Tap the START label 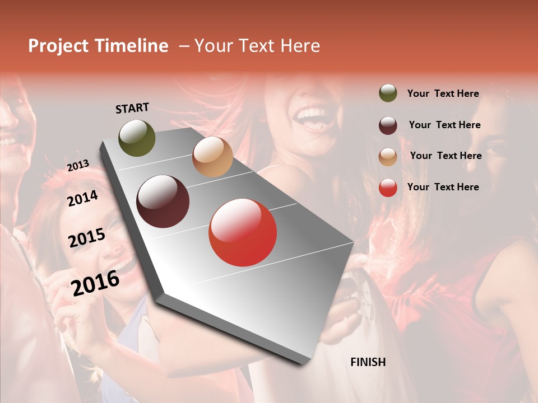click(x=132, y=108)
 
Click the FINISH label click(x=368, y=362)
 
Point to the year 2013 click(x=78, y=166)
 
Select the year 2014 click(x=82, y=199)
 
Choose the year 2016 click(x=95, y=283)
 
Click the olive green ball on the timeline click(x=137, y=138)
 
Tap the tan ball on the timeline click(x=212, y=157)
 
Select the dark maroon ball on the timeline click(x=163, y=201)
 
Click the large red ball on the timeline click(x=243, y=232)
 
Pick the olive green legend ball click(x=388, y=93)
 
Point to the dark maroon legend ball click(x=388, y=125)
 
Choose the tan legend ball click(x=388, y=156)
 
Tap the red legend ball click(x=388, y=188)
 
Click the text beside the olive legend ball click(x=443, y=94)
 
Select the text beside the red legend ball click(x=443, y=187)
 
